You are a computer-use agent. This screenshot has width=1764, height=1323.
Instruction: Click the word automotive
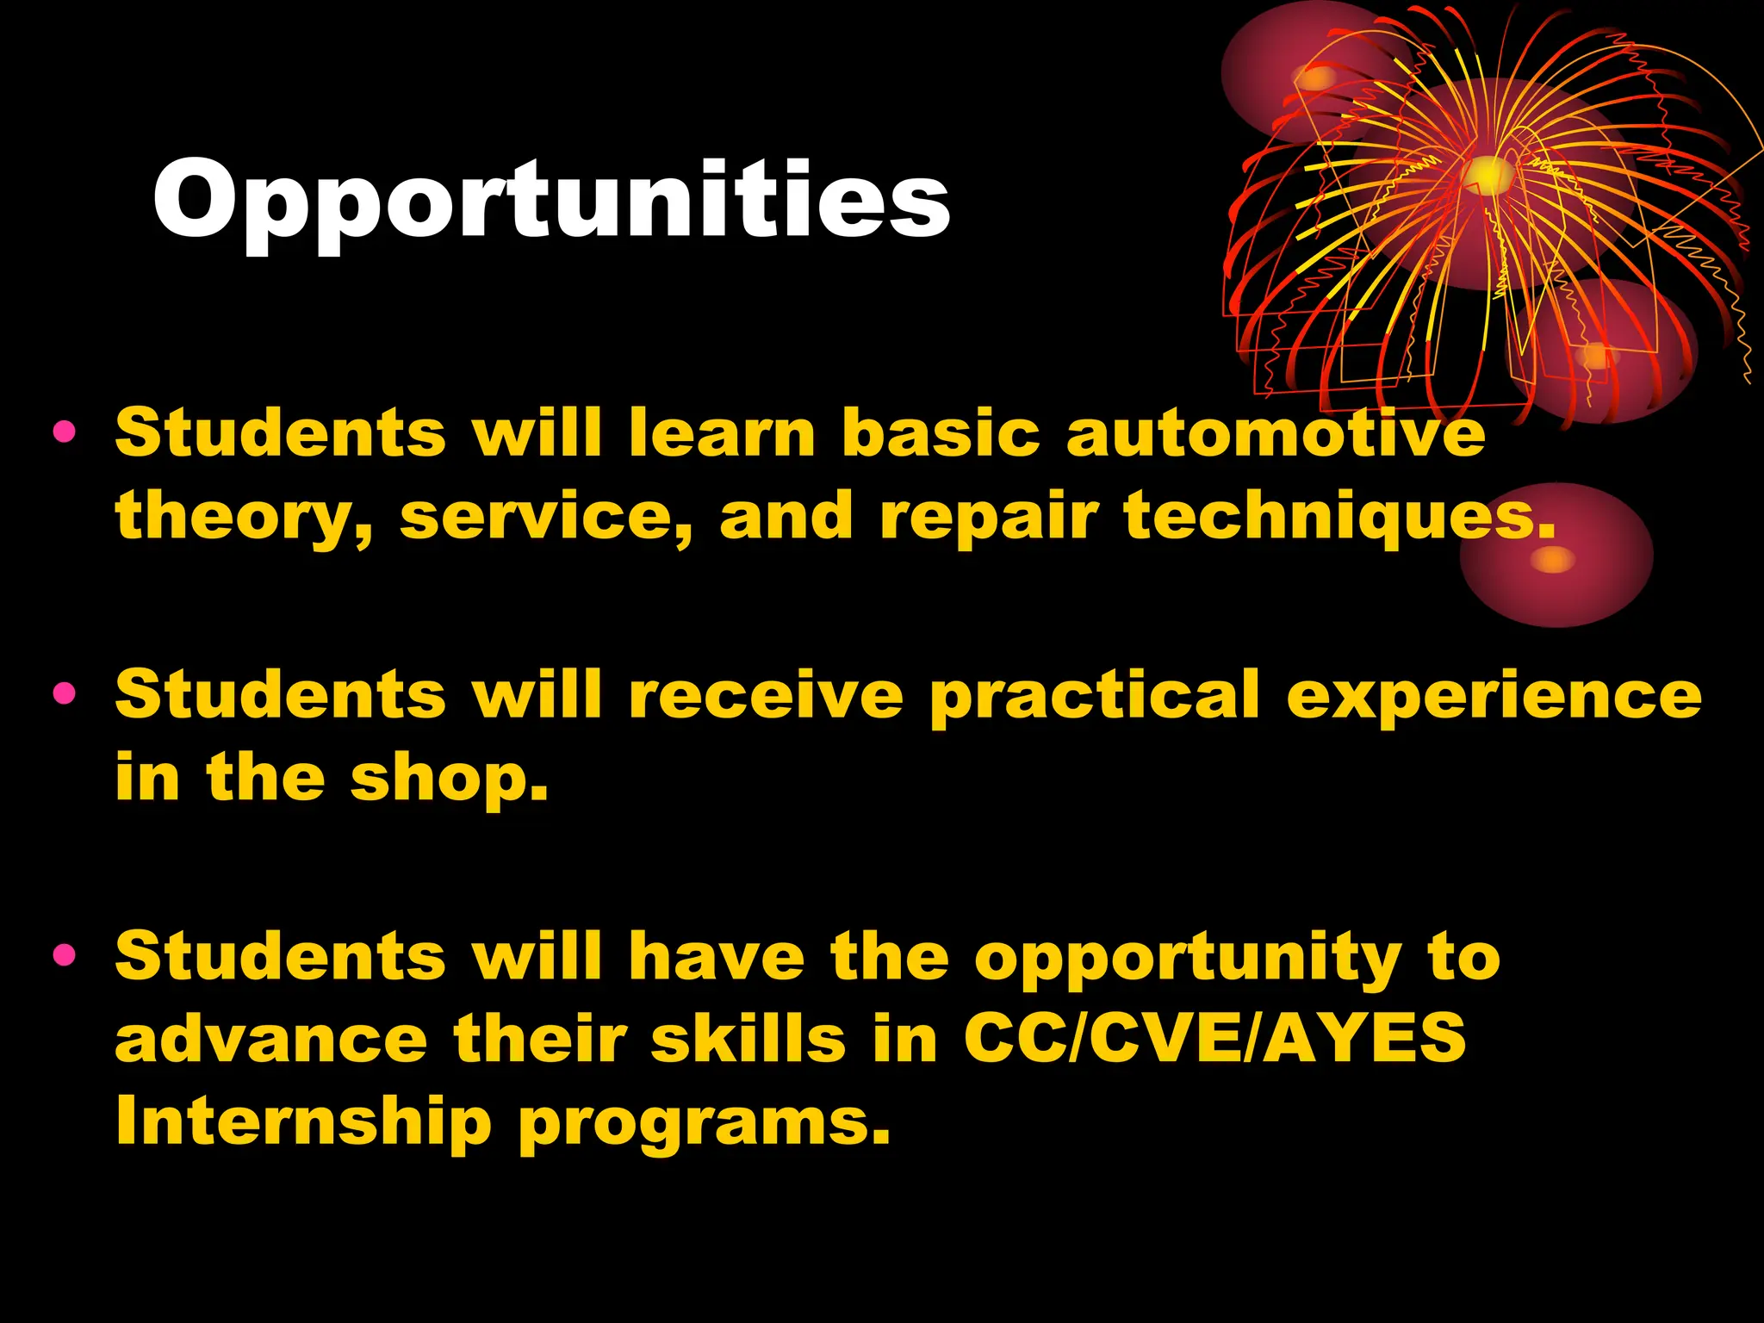click(1276, 432)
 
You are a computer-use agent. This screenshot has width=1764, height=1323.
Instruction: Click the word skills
click(748, 1038)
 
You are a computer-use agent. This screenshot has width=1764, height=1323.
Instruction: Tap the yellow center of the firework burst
click(1488, 175)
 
